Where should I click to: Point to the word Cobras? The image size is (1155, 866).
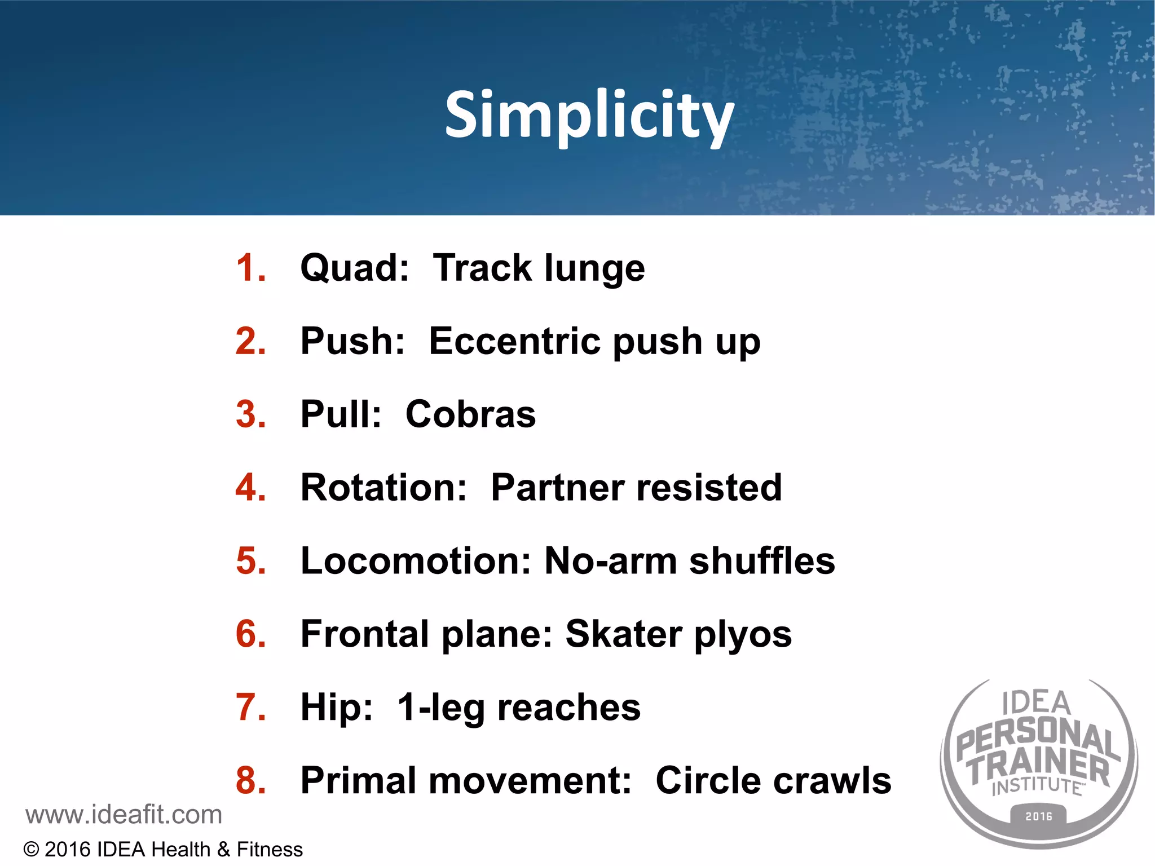[x=470, y=414]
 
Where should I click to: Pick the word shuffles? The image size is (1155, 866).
[x=761, y=561]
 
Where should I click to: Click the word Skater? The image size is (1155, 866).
[x=623, y=634]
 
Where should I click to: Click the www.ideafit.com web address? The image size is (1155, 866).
[x=124, y=815]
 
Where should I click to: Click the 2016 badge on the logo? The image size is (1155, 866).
[x=1038, y=816]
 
